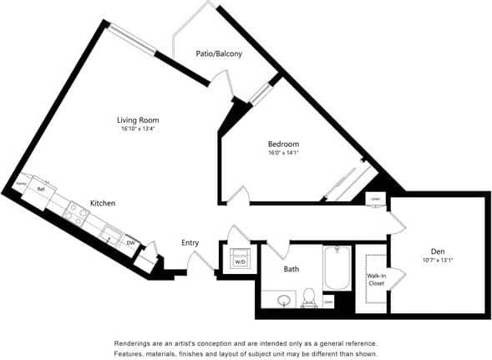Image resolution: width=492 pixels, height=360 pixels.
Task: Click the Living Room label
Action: (138, 120)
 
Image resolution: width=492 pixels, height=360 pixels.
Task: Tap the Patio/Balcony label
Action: (219, 54)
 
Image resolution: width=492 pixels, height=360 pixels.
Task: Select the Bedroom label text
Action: (284, 143)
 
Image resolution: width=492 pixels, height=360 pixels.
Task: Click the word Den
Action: (437, 251)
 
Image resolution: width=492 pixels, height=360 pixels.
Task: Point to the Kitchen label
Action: (102, 203)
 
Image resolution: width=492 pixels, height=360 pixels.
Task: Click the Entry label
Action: (190, 243)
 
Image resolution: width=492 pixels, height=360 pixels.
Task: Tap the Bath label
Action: (291, 269)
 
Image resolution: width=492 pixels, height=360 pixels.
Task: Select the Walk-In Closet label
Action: (375, 280)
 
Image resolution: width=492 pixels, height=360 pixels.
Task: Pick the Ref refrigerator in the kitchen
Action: (41, 190)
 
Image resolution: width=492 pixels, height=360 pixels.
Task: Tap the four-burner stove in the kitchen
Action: (76, 215)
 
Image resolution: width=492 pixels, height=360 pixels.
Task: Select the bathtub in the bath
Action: (337, 267)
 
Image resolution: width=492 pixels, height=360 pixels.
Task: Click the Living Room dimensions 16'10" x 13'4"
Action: (138, 129)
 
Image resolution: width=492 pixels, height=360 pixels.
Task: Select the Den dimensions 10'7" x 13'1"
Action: (437, 260)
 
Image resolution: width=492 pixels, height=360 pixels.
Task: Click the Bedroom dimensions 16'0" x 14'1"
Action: (284, 153)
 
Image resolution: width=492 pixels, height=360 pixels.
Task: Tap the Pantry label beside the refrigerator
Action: (21, 184)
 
